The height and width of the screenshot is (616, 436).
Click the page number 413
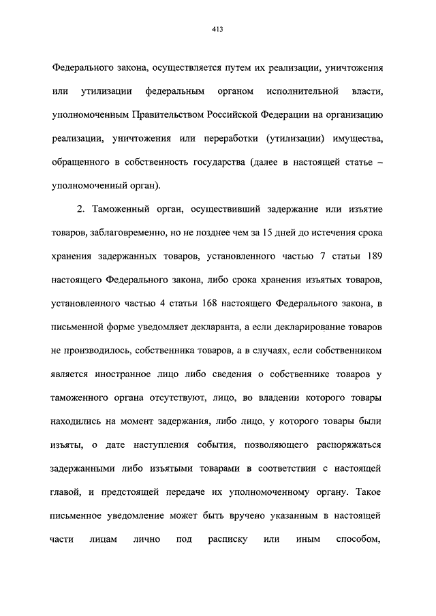pyautogui.click(x=218, y=29)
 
